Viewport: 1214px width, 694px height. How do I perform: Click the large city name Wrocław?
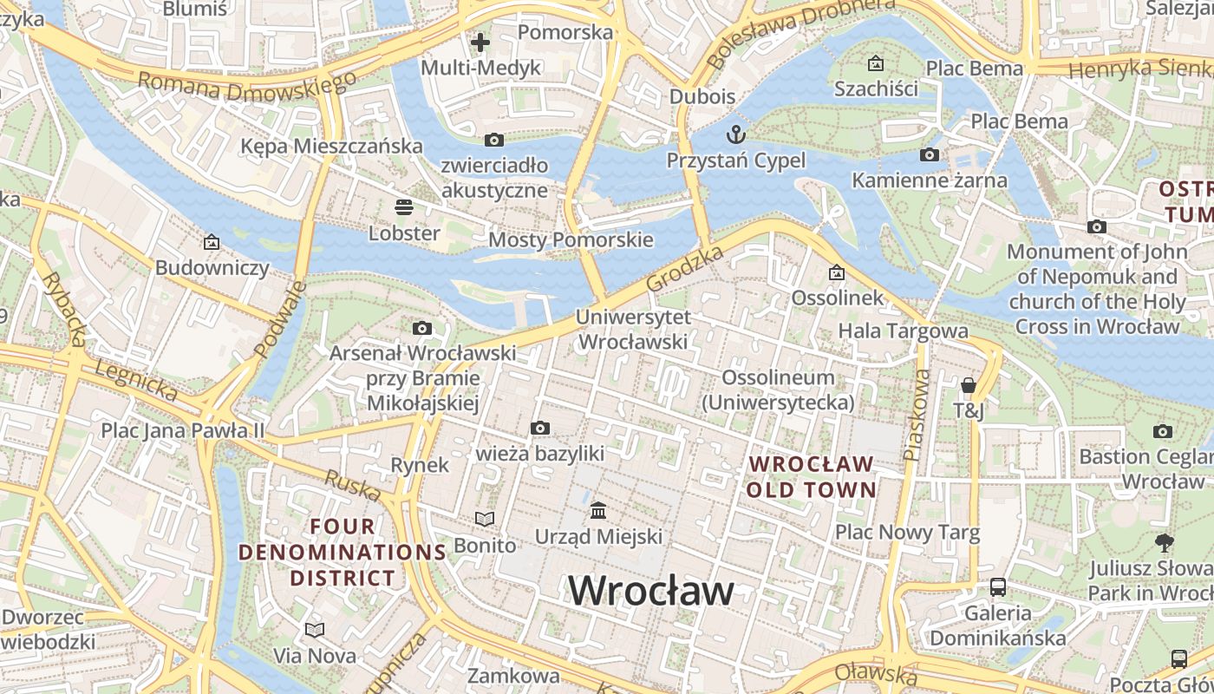tap(651, 591)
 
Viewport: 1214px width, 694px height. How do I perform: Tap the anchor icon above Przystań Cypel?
tap(735, 134)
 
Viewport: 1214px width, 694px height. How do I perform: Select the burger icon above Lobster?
tap(404, 207)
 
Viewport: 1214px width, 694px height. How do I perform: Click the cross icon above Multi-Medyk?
tap(480, 42)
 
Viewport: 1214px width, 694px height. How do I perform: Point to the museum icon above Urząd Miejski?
tap(598, 510)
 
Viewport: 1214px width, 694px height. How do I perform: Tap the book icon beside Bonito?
tap(484, 519)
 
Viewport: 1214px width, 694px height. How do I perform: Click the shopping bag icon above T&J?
tap(969, 384)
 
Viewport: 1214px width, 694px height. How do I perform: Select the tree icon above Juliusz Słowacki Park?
tap(1165, 543)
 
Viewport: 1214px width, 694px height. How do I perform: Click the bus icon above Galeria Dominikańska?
tap(998, 587)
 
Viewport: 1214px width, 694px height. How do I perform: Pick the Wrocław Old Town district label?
tap(812, 476)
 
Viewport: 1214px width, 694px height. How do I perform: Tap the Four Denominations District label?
tap(343, 552)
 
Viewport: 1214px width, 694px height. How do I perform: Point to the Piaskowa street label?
tap(916, 415)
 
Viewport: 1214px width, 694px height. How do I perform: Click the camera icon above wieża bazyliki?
tap(540, 428)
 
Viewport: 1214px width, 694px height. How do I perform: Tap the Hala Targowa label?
tap(903, 331)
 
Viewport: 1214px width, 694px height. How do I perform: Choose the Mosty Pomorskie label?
tap(571, 239)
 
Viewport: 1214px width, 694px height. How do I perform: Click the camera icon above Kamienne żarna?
tap(930, 155)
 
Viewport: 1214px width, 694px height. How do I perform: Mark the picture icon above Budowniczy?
tap(212, 242)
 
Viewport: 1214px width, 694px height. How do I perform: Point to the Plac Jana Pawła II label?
tap(182, 430)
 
